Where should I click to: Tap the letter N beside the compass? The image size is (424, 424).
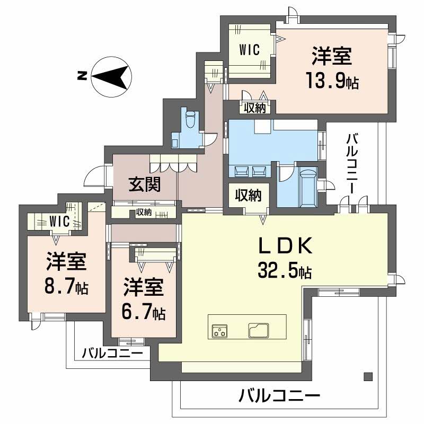point(82,76)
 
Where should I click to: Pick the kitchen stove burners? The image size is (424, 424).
point(219,330)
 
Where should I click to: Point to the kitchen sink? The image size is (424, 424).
point(259,330)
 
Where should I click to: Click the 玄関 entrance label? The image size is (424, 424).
point(144,185)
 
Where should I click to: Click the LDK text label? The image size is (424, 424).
point(285,245)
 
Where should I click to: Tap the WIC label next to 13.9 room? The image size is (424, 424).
point(249,50)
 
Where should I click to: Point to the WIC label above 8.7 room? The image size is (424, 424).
point(60,222)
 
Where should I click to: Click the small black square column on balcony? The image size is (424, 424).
point(368,377)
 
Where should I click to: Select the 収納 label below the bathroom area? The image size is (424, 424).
point(248,195)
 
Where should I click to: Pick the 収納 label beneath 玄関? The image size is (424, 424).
point(144,213)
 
